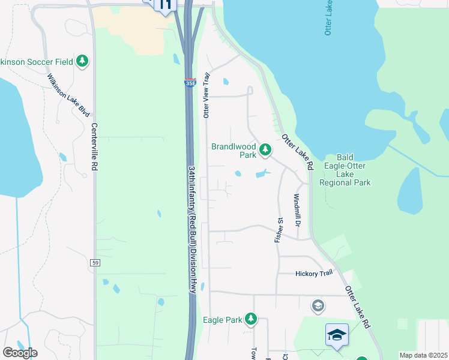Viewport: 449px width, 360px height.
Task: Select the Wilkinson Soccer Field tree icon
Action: click(x=82, y=61)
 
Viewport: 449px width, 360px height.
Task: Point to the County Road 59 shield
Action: click(x=95, y=262)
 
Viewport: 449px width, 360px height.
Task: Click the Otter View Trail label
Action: click(x=206, y=95)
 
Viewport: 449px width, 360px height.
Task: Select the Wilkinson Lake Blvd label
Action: click(x=68, y=95)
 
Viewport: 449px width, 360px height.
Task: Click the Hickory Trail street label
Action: click(x=313, y=274)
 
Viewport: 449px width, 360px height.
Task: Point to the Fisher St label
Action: click(x=279, y=229)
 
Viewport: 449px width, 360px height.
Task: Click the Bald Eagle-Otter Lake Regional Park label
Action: click(x=345, y=169)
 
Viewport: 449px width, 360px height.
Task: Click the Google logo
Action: click(x=20, y=353)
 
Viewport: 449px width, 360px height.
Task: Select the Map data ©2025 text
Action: click(x=423, y=355)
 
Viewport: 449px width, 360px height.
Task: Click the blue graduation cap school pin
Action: click(x=337, y=335)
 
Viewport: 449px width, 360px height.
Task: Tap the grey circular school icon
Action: click(x=318, y=307)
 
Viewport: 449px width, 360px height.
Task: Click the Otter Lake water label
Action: click(x=328, y=18)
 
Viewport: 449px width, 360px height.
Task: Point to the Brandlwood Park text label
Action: click(x=234, y=150)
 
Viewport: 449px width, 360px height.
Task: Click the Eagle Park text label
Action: click(x=222, y=320)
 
